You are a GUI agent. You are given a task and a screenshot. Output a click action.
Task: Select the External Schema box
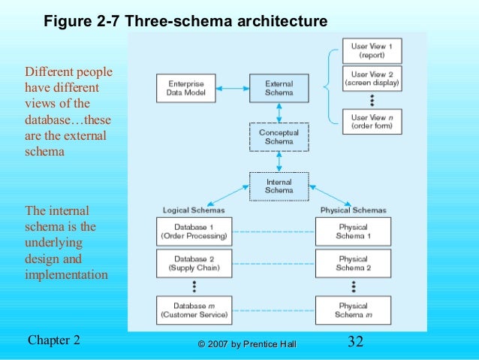click(x=279, y=88)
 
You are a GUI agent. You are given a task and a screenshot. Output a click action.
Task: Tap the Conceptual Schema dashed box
click(x=279, y=136)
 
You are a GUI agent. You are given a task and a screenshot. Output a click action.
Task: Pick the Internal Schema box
click(x=279, y=186)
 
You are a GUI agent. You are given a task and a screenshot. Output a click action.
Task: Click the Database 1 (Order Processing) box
click(x=194, y=231)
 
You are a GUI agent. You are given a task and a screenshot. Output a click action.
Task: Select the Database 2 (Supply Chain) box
click(x=194, y=263)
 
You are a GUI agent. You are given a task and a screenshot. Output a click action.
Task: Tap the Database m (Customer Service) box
click(x=194, y=310)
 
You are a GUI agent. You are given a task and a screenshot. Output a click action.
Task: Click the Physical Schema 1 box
click(x=353, y=231)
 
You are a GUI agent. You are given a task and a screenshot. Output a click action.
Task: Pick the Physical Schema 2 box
click(x=353, y=263)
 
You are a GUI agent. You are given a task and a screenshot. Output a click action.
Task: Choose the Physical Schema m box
click(x=353, y=310)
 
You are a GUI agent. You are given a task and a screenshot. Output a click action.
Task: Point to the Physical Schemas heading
click(x=352, y=209)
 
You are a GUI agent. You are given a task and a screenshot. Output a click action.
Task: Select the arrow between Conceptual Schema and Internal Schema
click(x=279, y=162)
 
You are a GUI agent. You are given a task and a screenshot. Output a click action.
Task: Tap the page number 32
click(x=356, y=342)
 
